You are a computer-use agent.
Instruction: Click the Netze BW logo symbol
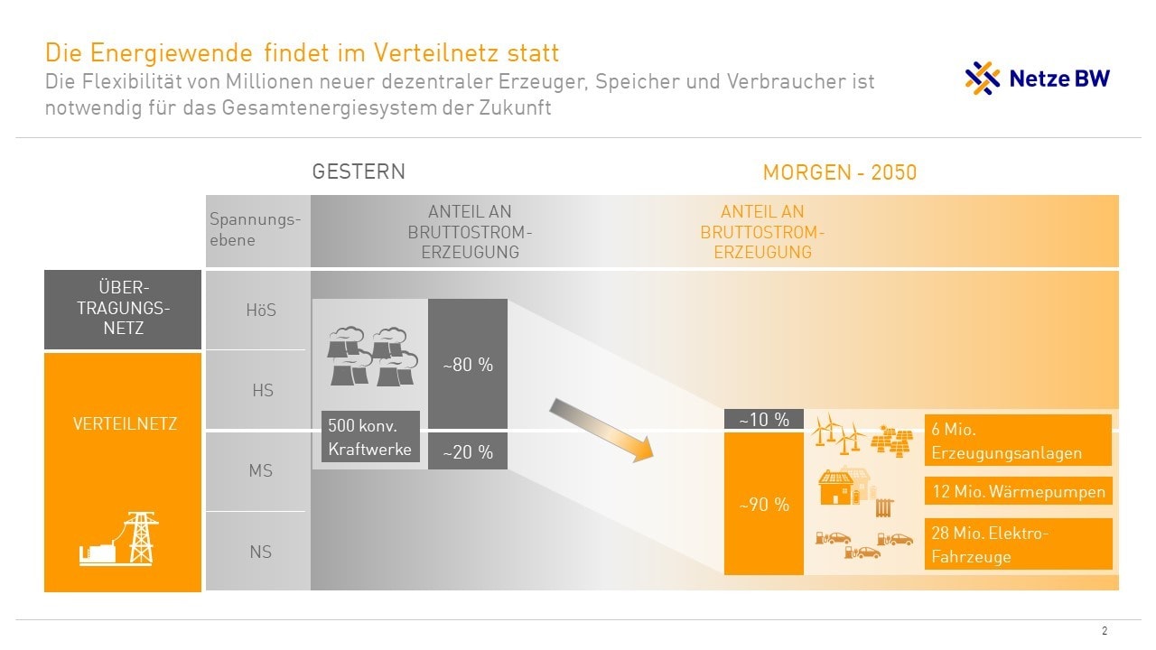click(983, 79)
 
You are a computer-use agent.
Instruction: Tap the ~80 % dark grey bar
click(467, 365)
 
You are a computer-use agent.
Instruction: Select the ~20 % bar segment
click(467, 452)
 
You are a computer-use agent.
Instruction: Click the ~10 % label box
click(764, 420)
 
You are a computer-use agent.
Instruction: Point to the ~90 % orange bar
click(764, 504)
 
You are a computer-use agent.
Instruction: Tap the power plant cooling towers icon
click(371, 357)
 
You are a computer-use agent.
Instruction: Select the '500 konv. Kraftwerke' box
click(371, 437)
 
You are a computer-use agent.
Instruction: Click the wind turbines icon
click(837, 432)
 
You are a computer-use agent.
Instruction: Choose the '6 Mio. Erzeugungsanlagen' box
click(1018, 441)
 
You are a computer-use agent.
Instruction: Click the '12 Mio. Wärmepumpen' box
click(1018, 492)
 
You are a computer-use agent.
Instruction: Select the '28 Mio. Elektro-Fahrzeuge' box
click(1018, 544)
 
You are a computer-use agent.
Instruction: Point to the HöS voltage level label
click(261, 311)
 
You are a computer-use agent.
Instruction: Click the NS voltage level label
click(261, 552)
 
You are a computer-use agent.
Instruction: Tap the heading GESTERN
click(359, 172)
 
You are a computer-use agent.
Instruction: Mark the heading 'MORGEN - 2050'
click(839, 172)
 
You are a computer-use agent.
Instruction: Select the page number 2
click(1105, 631)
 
